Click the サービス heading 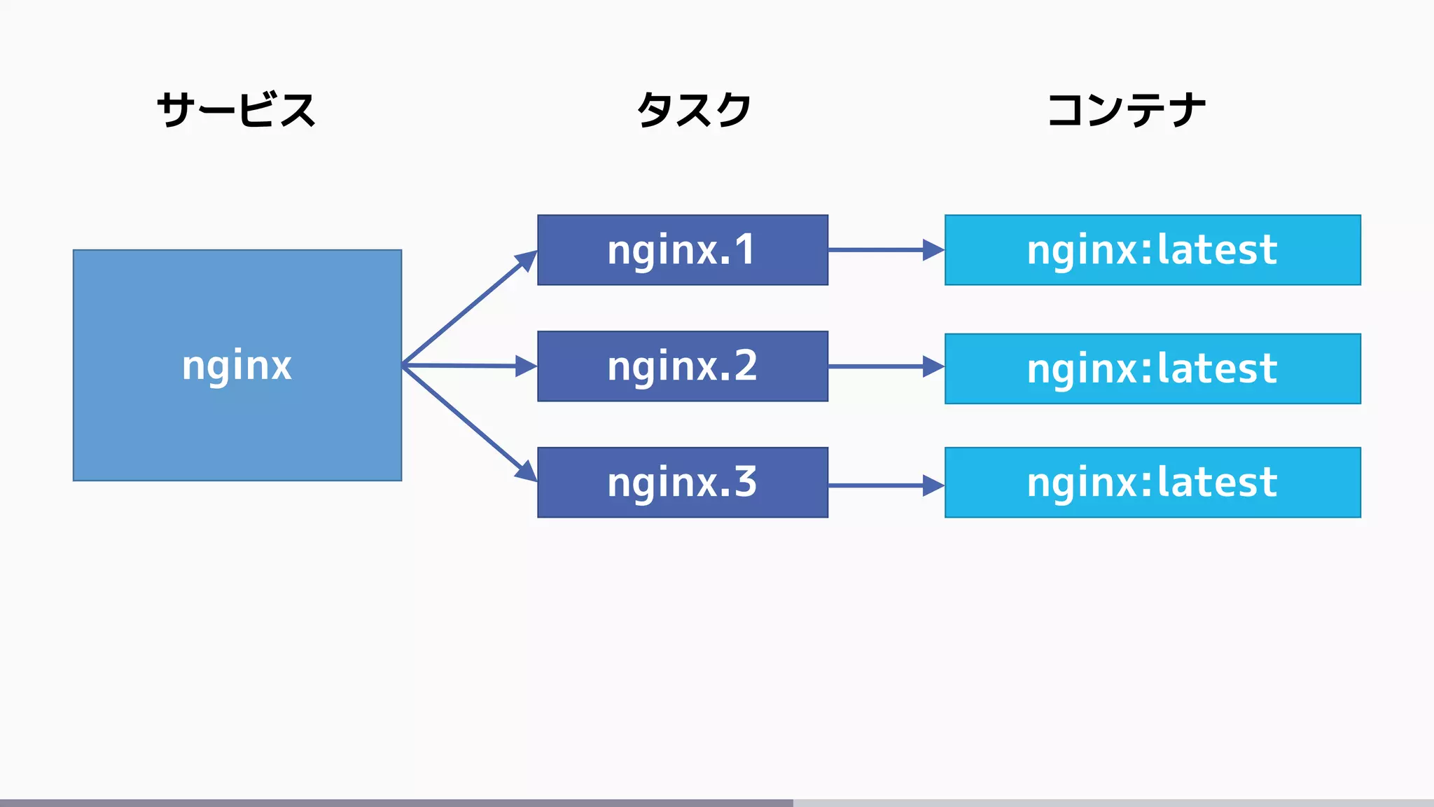point(237,110)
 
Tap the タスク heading point(693,110)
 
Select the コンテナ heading point(1125,110)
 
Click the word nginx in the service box point(237,365)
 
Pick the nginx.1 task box point(682,250)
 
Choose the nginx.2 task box point(682,366)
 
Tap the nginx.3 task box point(682,483)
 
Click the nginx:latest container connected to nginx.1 point(1152,250)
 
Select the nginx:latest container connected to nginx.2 point(1152,368)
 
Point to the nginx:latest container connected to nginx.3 point(1152,483)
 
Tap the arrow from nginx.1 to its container point(885,249)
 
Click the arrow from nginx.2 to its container point(885,366)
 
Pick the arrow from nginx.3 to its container point(885,485)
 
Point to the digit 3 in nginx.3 point(745,482)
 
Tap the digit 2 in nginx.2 point(745,366)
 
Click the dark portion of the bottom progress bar point(396,803)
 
